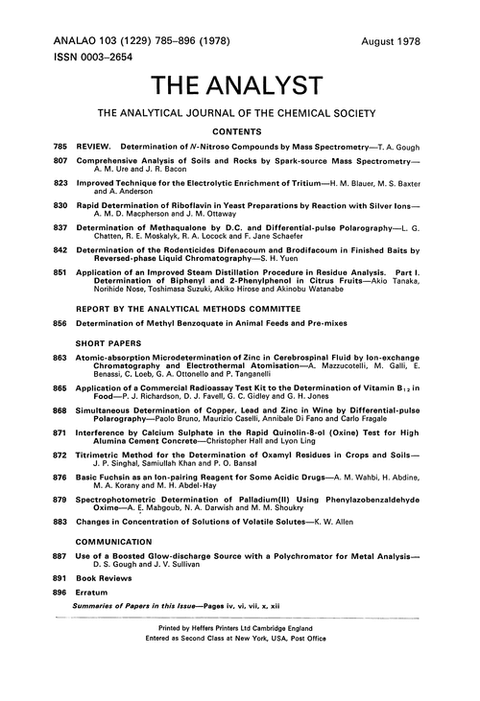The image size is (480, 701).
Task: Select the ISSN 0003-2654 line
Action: (92, 58)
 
